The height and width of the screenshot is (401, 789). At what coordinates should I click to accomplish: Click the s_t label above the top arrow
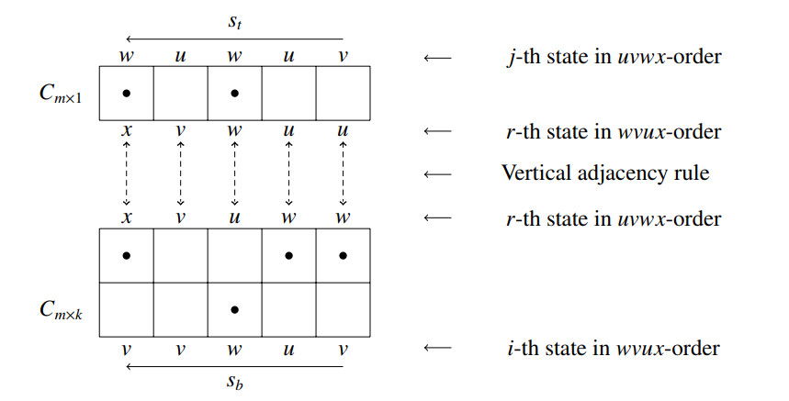click(x=235, y=21)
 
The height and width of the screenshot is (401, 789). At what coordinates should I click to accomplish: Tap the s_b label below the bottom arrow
click(x=235, y=383)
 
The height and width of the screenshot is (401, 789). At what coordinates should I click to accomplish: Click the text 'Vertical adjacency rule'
click(x=605, y=173)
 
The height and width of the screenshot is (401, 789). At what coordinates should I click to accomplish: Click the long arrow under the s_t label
click(x=235, y=39)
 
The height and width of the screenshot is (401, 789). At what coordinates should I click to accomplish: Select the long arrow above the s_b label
click(x=235, y=366)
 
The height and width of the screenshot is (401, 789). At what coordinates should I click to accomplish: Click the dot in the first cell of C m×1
click(x=126, y=93)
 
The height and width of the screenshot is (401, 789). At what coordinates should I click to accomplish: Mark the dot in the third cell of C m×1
click(x=235, y=93)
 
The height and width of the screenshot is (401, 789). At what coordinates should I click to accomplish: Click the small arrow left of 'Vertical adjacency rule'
click(x=437, y=173)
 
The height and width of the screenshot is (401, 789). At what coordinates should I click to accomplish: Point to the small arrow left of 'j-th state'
click(x=437, y=57)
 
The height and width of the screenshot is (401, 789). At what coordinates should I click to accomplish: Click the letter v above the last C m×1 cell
click(x=344, y=55)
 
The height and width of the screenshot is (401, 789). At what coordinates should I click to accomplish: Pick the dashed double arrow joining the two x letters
click(x=127, y=173)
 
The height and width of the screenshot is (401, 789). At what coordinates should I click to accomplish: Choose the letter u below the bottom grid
click(x=289, y=349)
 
